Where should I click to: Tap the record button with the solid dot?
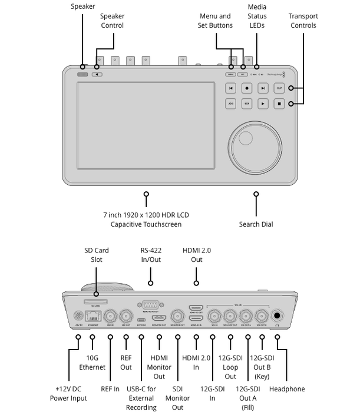[247, 88]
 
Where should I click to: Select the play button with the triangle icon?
[263, 104]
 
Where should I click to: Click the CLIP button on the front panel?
[279, 88]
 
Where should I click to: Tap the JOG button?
[231, 104]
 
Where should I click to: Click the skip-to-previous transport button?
[231, 88]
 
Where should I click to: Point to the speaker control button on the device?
[97, 74]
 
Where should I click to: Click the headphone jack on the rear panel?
[276, 315]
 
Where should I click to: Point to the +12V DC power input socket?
[78, 315]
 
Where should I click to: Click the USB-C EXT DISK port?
[141, 318]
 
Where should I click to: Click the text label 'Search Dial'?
[256, 224]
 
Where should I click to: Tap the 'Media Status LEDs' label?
[257, 16]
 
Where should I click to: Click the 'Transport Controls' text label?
[303, 21]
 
